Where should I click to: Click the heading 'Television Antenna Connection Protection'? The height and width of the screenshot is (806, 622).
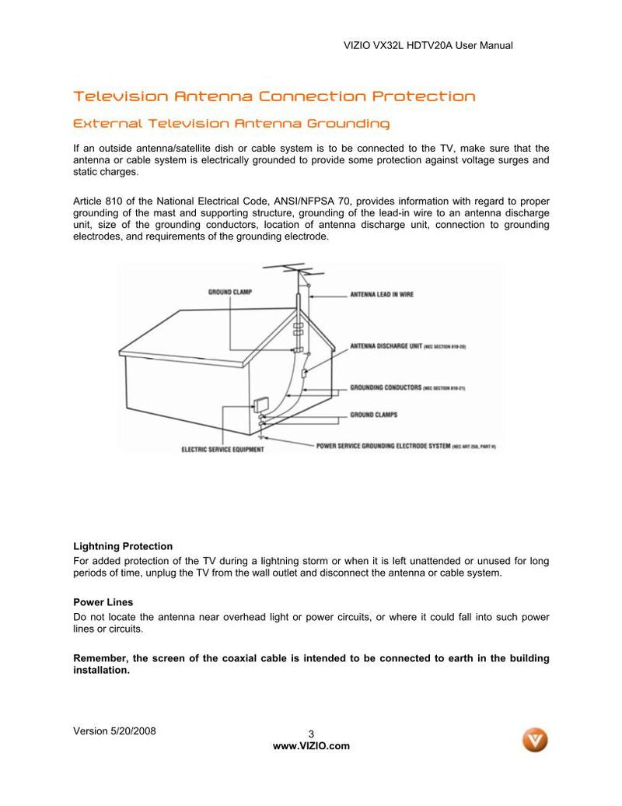274,96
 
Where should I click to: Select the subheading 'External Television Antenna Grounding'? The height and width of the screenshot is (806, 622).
231,124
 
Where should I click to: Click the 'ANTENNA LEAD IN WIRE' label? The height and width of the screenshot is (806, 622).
381,295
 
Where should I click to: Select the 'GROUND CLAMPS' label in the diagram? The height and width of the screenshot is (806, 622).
373,415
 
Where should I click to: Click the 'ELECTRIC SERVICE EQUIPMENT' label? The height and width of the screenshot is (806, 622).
222,450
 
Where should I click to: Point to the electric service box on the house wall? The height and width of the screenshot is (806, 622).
260,405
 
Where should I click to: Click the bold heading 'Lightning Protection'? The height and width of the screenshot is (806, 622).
123,546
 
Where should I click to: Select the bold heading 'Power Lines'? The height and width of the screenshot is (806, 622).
103,602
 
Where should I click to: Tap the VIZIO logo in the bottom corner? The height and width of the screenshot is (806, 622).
535,740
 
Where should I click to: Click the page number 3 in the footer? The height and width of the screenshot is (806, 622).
311,734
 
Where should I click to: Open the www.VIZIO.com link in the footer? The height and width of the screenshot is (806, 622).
311,746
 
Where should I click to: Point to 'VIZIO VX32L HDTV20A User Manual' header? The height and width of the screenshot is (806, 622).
428,46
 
